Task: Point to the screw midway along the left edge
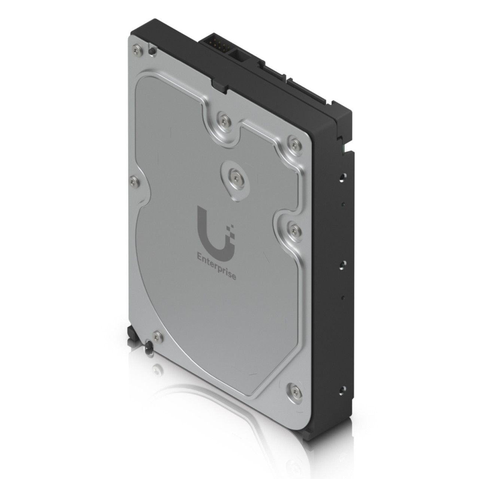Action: click(134, 182)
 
